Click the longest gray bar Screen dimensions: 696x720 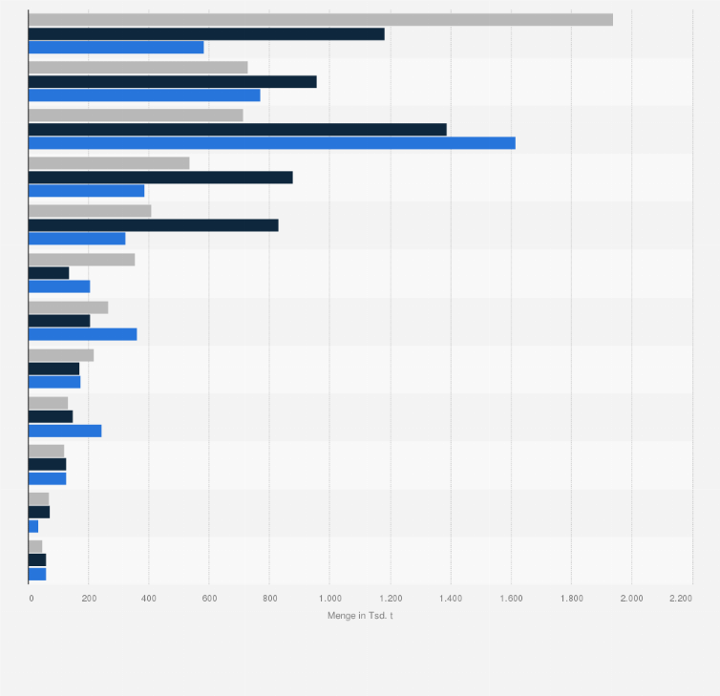pyautogui.click(x=320, y=19)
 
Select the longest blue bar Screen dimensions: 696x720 pyautogui.click(x=271, y=143)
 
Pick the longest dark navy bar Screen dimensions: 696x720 pyautogui.click(x=237, y=129)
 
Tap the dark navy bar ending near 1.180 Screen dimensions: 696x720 pyautogui.click(x=206, y=33)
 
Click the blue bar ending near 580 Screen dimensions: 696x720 pyautogui.click(x=116, y=47)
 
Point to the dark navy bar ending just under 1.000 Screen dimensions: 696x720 pyautogui.click(x=172, y=81)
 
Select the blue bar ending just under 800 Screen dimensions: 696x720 pyautogui.click(x=144, y=95)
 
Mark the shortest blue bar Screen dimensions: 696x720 pyautogui.click(x=33, y=526)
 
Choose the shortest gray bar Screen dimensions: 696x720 pyautogui.click(x=35, y=546)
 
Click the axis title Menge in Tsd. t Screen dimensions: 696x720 pyautogui.click(x=360, y=616)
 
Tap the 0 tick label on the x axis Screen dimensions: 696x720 pyautogui.click(x=32, y=598)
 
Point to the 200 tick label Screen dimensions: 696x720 pyautogui.click(x=89, y=598)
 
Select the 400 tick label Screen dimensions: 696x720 pyautogui.click(x=149, y=598)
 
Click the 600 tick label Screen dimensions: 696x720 pyautogui.click(x=209, y=598)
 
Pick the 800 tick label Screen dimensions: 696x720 pyautogui.click(x=269, y=598)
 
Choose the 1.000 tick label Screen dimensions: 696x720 pyautogui.click(x=329, y=598)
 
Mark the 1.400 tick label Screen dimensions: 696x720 pyautogui.click(x=450, y=598)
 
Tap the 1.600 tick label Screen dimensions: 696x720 pyautogui.click(x=511, y=598)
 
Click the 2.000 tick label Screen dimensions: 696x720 pyautogui.click(x=631, y=598)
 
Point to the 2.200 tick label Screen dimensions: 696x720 pyautogui.click(x=681, y=598)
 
